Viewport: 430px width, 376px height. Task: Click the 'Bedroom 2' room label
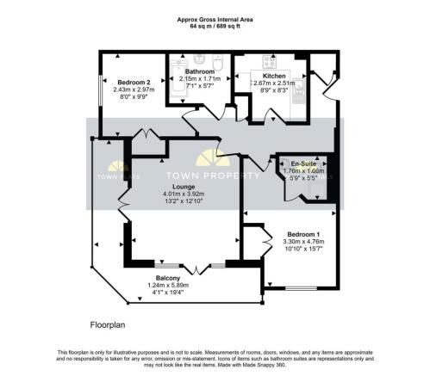[121, 82]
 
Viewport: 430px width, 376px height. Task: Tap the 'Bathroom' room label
[199, 71]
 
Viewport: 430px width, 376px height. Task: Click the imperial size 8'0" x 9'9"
[121, 97]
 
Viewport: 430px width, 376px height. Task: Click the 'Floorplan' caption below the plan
[109, 326]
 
